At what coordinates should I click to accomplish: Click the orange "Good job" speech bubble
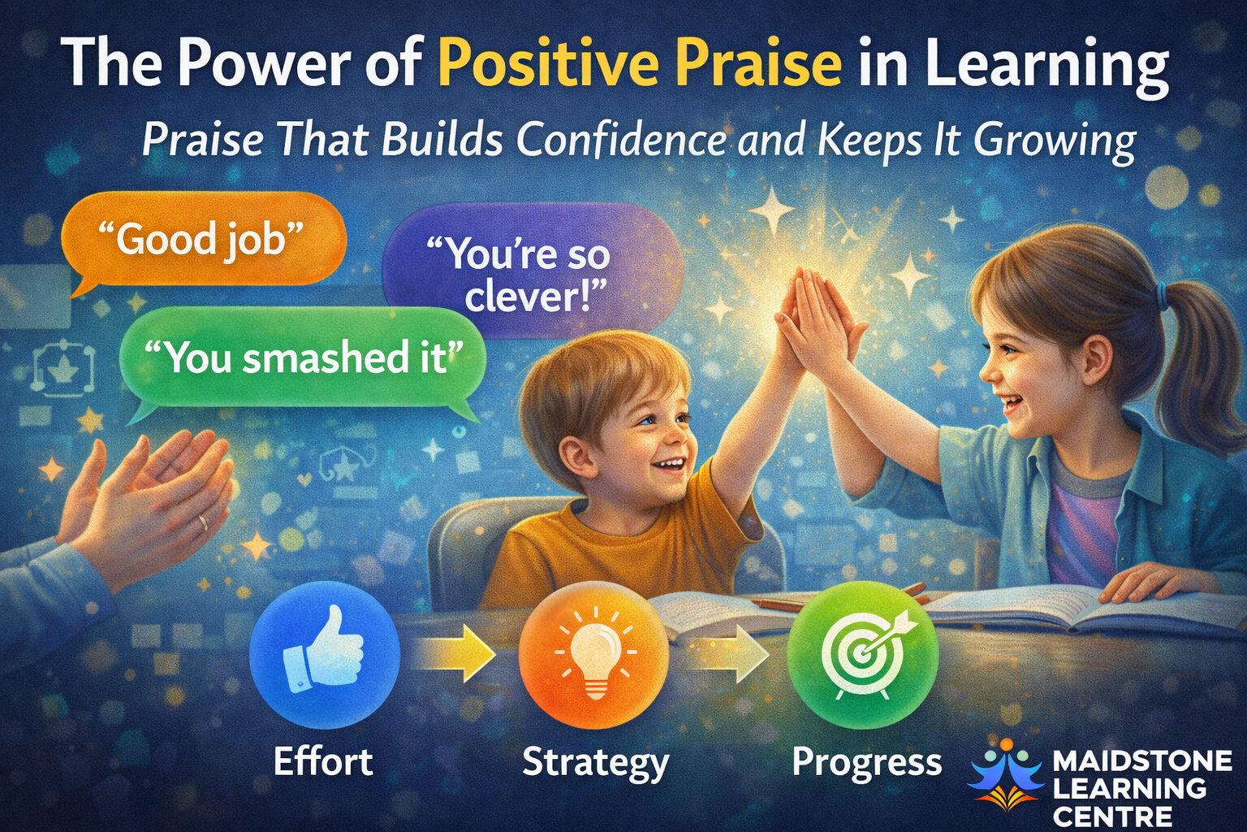(203, 240)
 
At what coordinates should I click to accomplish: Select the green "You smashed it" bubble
(304, 359)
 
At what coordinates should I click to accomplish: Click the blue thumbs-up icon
(325, 654)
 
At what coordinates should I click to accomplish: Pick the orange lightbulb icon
(593, 654)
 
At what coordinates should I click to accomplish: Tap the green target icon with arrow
(863, 654)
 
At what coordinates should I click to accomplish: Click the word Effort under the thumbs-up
(323, 761)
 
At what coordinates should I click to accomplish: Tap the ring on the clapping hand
(203, 522)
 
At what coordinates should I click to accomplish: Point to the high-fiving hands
(818, 323)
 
